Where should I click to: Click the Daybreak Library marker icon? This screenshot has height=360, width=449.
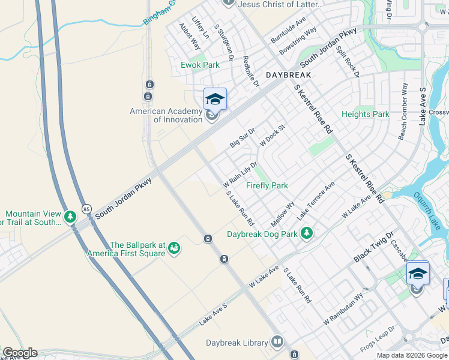pyautogui.click(x=277, y=342)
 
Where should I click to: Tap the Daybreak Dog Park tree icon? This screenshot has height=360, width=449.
pyautogui.click(x=307, y=233)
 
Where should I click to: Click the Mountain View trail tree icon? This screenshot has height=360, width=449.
pyautogui.click(x=70, y=215)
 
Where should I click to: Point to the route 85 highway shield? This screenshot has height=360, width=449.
pyautogui.click(x=87, y=207)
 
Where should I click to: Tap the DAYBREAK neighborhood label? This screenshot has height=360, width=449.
pyautogui.click(x=288, y=75)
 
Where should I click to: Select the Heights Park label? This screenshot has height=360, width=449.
pyautogui.click(x=365, y=114)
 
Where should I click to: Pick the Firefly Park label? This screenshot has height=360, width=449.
pyautogui.click(x=267, y=186)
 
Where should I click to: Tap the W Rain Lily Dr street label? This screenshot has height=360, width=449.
pyautogui.click(x=240, y=173)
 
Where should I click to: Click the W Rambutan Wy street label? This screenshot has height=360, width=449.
pyautogui.click(x=343, y=309)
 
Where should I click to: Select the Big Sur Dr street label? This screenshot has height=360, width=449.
pyautogui.click(x=243, y=137)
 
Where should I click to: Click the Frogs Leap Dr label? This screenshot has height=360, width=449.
pyautogui.click(x=378, y=339)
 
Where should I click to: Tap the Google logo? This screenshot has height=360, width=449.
pyautogui.click(x=19, y=352)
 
